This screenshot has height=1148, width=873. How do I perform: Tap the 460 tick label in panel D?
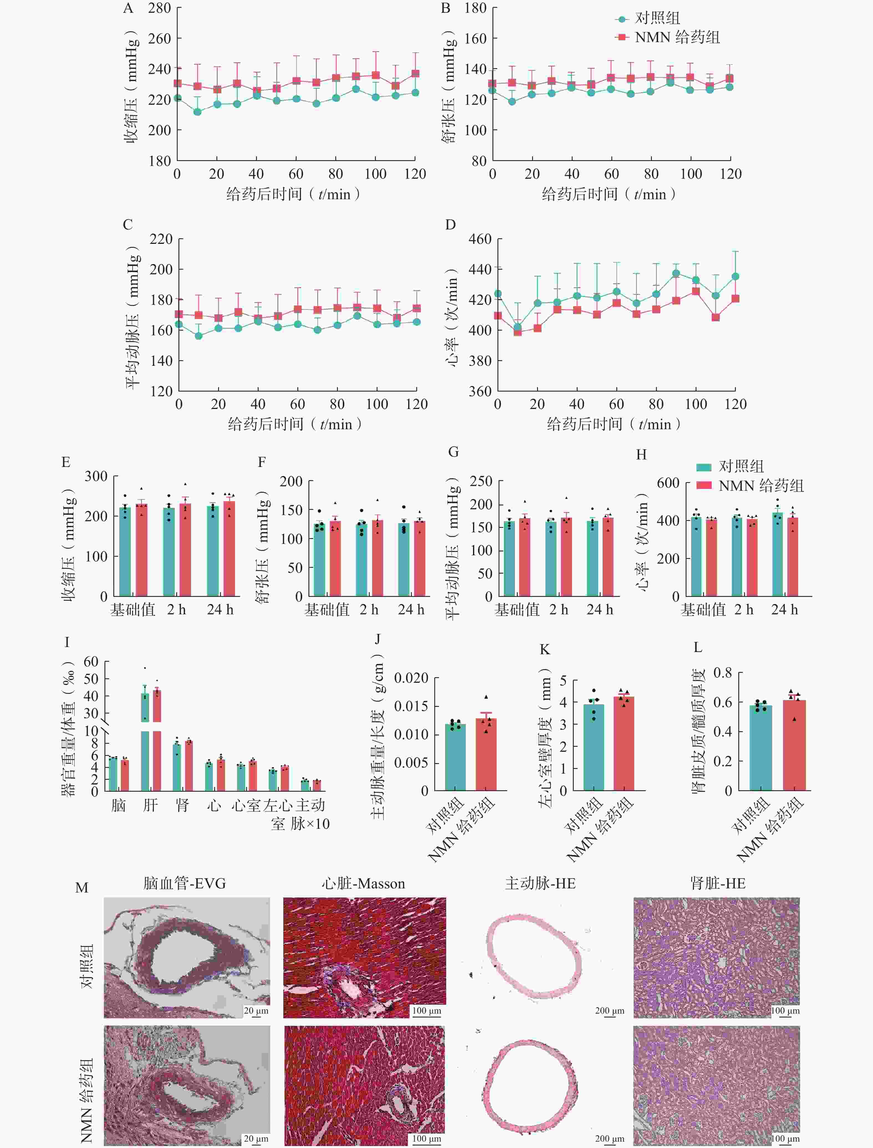click(480, 239)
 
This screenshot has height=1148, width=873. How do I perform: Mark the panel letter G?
click(453, 452)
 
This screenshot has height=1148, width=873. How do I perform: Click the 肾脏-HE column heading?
click(718, 883)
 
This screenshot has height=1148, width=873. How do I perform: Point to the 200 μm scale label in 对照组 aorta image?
click(609, 1010)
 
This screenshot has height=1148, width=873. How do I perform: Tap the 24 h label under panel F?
click(411, 609)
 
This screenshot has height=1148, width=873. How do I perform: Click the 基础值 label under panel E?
click(132, 609)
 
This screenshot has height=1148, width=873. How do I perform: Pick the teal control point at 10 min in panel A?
click(197, 112)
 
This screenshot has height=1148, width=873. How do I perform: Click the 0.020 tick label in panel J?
click(411, 678)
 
